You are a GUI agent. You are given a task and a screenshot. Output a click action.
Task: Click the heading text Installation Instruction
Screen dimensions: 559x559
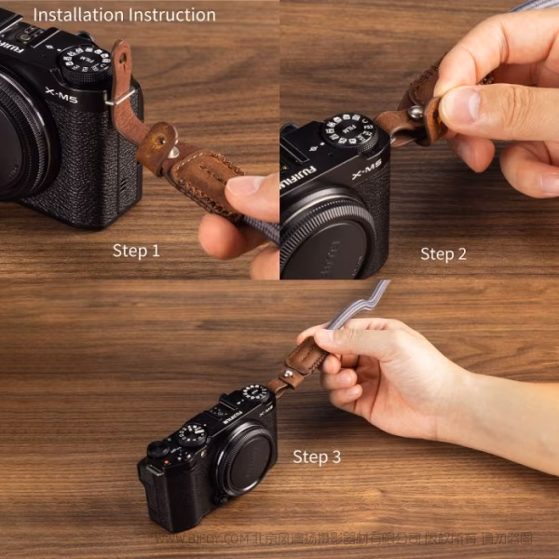124,15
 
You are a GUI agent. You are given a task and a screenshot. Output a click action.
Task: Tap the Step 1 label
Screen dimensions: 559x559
136,251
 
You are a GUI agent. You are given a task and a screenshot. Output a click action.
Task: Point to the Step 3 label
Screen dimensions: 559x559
317,457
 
